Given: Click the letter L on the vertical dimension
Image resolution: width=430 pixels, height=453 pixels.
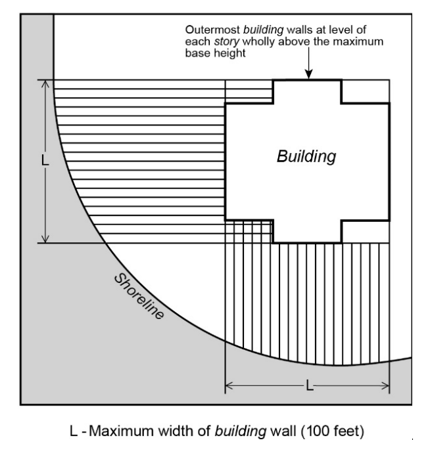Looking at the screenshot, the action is (x=45, y=161).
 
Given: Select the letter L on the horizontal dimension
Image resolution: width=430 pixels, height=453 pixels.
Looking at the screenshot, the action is (x=308, y=385).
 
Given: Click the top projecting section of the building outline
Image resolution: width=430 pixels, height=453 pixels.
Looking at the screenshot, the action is (x=307, y=91).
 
